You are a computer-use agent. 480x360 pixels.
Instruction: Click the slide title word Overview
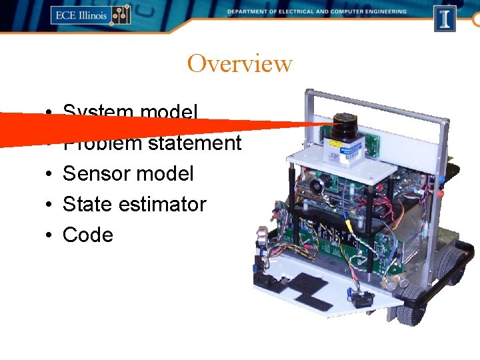tap(239, 64)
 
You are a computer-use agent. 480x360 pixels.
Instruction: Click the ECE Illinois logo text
tap(80, 15)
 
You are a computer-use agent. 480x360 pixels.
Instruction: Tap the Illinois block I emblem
tap(445, 17)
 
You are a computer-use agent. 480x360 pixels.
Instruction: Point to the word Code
tap(87, 235)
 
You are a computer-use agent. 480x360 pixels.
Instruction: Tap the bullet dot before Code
tap(51, 235)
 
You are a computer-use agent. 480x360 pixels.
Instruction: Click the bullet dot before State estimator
tap(51, 205)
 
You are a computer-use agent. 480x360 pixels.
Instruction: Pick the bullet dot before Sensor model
tap(51, 174)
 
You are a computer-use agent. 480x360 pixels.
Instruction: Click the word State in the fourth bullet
tap(87, 204)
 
